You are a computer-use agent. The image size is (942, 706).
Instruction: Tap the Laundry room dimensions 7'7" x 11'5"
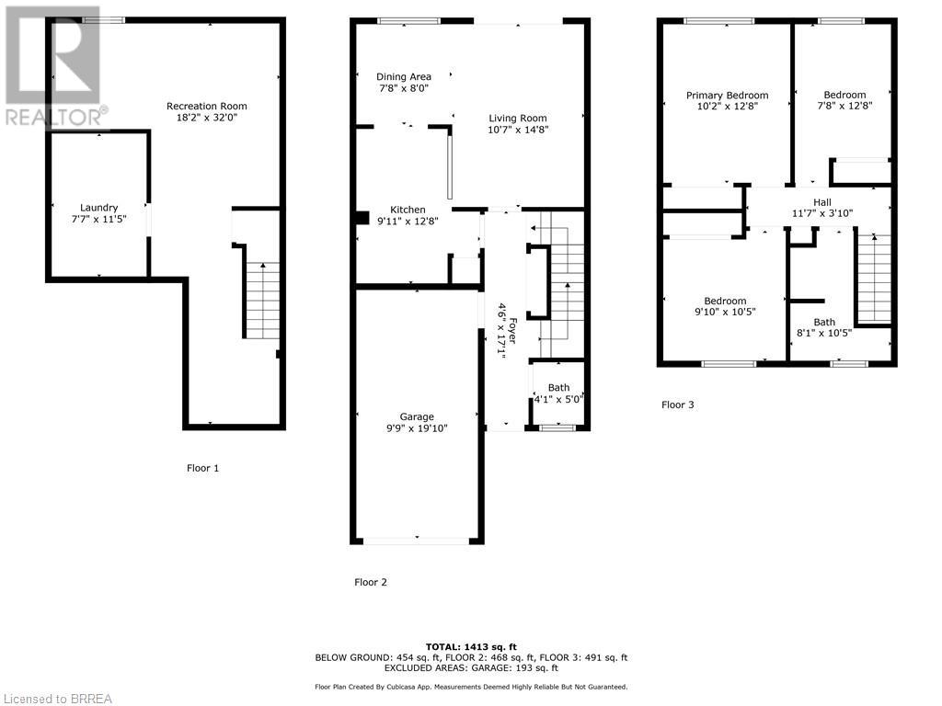[x=98, y=220]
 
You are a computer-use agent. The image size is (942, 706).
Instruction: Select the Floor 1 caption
[x=202, y=468]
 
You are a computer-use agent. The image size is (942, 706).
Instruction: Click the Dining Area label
[x=403, y=76]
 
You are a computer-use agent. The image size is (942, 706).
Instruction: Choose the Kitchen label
[x=408, y=210]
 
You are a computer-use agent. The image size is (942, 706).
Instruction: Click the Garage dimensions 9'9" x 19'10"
[x=416, y=428]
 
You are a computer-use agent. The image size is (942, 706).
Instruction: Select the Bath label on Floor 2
[x=558, y=387]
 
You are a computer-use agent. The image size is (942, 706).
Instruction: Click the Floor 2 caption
[x=371, y=582]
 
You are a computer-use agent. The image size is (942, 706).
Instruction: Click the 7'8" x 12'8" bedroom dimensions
[x=844, y=106]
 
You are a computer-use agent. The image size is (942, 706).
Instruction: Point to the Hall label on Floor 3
[x=821, y=201]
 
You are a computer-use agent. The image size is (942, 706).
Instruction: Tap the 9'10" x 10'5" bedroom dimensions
[x=725, y=313]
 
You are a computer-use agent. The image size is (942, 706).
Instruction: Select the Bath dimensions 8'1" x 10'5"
[x=823, y=333]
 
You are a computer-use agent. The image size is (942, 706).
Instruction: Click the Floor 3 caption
[x=678, y=404]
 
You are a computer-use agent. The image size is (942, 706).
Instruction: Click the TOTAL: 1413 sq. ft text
[x=471, y=646]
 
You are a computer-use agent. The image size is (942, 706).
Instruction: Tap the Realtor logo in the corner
[x=52, y=64]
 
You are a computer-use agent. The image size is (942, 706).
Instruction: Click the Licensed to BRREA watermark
[x=57, y=698]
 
